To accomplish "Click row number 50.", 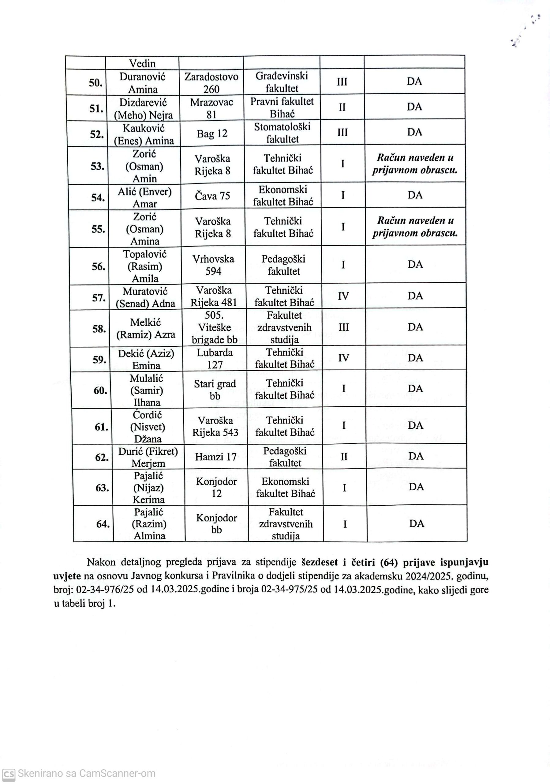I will pos(95,82).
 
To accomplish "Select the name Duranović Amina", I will pos(142,83).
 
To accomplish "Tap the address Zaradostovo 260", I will pos(211,83).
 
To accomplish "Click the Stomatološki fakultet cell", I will pos(282,133).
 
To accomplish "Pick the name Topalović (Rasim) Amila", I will pos(145,266).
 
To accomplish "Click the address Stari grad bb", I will pos(215,390).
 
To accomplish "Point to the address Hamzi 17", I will pos(216,457).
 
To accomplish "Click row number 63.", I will pos(102,488).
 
